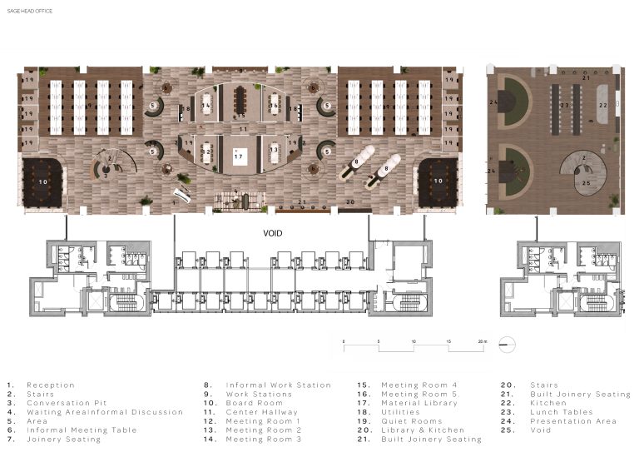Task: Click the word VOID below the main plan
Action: point(271,234)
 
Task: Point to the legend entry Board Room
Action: point(249,403)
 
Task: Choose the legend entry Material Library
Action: point(419,403)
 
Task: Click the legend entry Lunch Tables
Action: point(561,412)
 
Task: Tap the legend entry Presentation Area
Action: point(572,421)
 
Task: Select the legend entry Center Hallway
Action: point(261,412)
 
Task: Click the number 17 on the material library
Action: point(239,156)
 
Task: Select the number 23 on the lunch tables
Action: point(564,106)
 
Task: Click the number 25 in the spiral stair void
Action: point(586,183)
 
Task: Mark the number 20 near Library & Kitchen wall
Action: point(350,202)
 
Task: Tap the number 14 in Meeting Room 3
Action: point(205,107)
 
